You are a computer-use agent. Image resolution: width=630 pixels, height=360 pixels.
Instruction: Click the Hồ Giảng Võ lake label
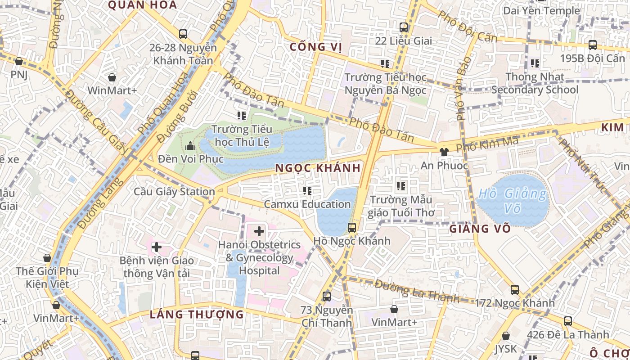click(x=513, y=201)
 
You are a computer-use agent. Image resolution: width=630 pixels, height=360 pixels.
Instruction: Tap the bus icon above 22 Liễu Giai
click(x=404, y=27)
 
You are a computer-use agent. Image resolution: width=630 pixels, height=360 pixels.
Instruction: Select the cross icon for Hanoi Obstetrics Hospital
click(x=259, y=232)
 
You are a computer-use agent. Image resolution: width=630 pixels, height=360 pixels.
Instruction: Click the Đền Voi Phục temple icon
click(x=190, y=146)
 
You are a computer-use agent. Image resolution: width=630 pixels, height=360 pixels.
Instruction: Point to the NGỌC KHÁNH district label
click(x=318, y=168)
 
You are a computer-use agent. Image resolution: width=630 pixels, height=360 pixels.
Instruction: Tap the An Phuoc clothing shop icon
click(x=444, y=152)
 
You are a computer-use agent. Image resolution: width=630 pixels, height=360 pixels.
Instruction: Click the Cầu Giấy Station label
click(x=174, y=192)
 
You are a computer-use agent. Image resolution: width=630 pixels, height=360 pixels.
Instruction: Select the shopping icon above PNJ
click(x=18, y=61)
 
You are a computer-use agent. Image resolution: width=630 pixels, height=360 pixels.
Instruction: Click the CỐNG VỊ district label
click(x=316, y=47)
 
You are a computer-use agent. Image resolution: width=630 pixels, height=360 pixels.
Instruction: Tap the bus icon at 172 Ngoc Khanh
click(x=515, y=290)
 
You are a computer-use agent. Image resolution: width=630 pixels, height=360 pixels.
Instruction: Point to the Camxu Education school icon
click(x=307, y=191)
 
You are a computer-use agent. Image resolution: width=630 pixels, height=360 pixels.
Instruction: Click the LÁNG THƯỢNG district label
click(x=197, y=314)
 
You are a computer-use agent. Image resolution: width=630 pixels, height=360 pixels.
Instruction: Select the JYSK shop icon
click(x=506, y=336)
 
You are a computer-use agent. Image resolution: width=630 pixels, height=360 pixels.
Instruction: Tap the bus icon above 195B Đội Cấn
click(x=593, y=45)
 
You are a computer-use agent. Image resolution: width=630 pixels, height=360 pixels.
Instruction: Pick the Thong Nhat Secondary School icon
click(x=535, y=63)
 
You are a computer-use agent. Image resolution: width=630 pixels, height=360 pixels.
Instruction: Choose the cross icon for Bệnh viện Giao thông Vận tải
click(x=157, y=247)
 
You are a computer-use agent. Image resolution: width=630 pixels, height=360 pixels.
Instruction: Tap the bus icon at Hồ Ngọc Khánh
click(x=352, y=227)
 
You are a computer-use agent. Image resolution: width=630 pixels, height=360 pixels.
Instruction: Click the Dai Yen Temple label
click(x=541, y=10)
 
